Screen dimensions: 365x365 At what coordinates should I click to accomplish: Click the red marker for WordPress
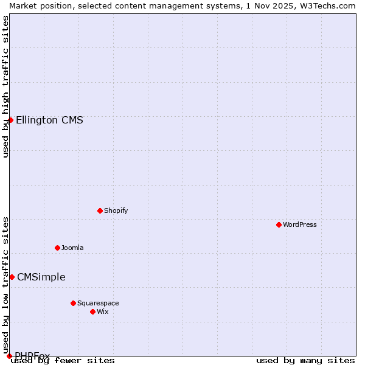coord(279,224)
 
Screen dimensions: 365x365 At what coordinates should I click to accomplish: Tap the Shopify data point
coord(100,210)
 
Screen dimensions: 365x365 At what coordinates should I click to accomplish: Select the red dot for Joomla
coord(57,248)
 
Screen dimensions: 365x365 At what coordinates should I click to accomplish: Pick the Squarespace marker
coord(73,303)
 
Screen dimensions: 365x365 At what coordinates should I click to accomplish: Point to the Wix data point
coord(92,311)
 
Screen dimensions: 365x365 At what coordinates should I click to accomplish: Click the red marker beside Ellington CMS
coord(10,120)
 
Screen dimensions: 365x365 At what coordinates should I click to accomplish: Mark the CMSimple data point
coord(12,277)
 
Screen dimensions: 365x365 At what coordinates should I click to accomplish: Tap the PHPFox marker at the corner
coord(9,356)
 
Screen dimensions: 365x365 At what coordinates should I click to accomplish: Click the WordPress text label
coord(300,224)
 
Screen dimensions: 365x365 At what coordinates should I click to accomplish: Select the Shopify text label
coord(116,210)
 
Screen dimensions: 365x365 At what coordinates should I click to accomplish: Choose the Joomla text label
coord(72,248)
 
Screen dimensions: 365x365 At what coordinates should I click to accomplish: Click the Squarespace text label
coord(98,303)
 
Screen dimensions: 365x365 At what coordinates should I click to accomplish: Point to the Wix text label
coord(103,311)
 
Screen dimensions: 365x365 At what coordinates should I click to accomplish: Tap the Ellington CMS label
coord(49,120)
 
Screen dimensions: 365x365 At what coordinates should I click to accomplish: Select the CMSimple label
coord(41,277)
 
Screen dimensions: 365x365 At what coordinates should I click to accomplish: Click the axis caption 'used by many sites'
coord(305,360)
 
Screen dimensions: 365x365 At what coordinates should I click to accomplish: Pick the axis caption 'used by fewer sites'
coord(63,360)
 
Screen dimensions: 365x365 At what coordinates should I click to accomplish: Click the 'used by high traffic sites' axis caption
coord(5,86)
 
